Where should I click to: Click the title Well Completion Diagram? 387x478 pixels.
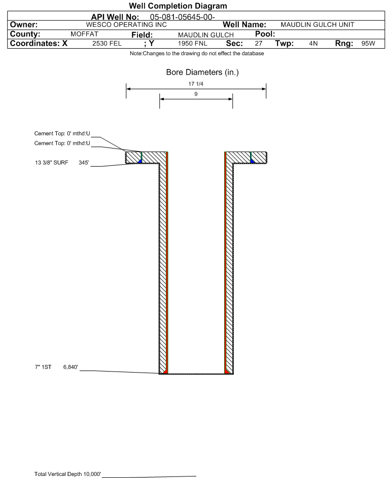pyautogui.click(x=178, y=6)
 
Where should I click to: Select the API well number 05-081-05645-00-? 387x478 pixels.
pyautogui.click(x=183, y=17)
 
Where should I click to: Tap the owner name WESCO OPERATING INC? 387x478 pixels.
pyautogui.click(x=126, y=25)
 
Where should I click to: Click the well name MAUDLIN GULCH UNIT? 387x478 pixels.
pyautogui.click(x=318, y=25)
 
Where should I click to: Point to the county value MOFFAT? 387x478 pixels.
pyautogui.click(x=85, y=34)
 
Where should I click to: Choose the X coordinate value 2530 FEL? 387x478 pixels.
pyautogui.click(x=107, y=43)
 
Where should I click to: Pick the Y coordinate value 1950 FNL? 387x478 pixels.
pyautogui.click(x=192, y=43)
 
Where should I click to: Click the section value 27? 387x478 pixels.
pyautogui.click(x=259, y=43)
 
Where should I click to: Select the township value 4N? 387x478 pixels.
pyautogui.click(x=313, y=43)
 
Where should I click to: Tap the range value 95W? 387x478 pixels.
pyautogui.click(x=368, y=43)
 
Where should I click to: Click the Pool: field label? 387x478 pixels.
pyautogui.click(x=265, y=34)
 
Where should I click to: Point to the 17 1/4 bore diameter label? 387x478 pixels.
pyautogui.click(x=196, y=84)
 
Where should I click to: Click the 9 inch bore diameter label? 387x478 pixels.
pyautogui.click(x=196, y=94)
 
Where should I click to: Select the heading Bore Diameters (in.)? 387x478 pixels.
pyautogui.click(x=202, y=72)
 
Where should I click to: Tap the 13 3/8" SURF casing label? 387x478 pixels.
pyautogui.click(x=52, y=163)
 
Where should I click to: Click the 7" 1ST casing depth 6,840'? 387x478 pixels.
pyautogui.click(x=71, y=367)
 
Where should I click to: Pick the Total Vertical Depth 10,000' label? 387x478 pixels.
pyautogui.click(x=67, y=474)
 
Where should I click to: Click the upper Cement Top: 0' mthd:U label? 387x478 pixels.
pyautogui.click(x=62, y=133)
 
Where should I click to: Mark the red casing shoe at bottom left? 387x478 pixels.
pyautogui.click(x=165, y=372)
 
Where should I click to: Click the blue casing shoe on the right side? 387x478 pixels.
pyautogui.click(x=252, y=161)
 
